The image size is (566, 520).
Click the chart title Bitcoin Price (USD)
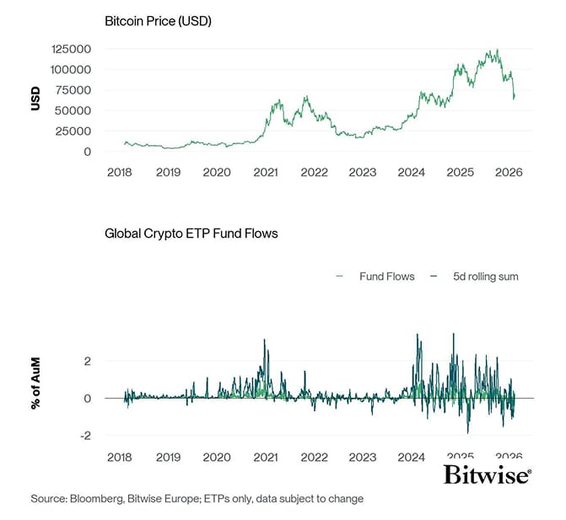(157, 20)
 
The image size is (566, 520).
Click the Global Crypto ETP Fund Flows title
(191, 233)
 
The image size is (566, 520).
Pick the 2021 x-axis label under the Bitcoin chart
(266, 172)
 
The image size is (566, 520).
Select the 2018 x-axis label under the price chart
(120, 172)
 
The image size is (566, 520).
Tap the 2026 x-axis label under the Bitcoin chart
(509, 172)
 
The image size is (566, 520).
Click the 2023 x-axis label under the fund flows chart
(363, 456)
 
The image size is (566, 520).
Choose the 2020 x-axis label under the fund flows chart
(217, 456)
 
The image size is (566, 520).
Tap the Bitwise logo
(487, 475)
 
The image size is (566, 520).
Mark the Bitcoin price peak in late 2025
(498, 50)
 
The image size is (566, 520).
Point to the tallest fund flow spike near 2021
(265, 340)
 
